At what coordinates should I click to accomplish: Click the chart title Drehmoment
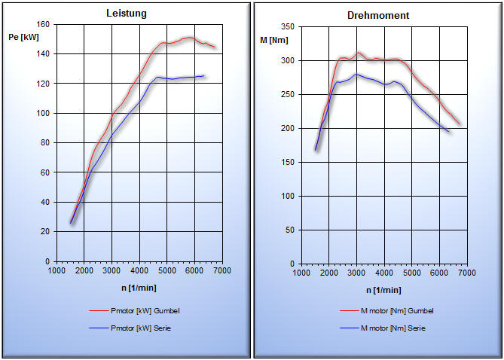(378, 15)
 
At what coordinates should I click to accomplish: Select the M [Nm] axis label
(274, 38)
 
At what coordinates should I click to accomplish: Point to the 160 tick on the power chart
(42, 25)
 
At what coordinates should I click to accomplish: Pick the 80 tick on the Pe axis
(44, 142)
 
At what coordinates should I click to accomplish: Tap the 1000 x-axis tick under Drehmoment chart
(300, 273)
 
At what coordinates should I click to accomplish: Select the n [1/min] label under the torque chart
(383, 289)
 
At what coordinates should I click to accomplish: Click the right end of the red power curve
(215, 47)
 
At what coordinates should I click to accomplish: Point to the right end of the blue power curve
(204, 75)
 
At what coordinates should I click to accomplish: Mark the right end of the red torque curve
(460, 124)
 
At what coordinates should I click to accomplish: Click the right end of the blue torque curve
(449, 132)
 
